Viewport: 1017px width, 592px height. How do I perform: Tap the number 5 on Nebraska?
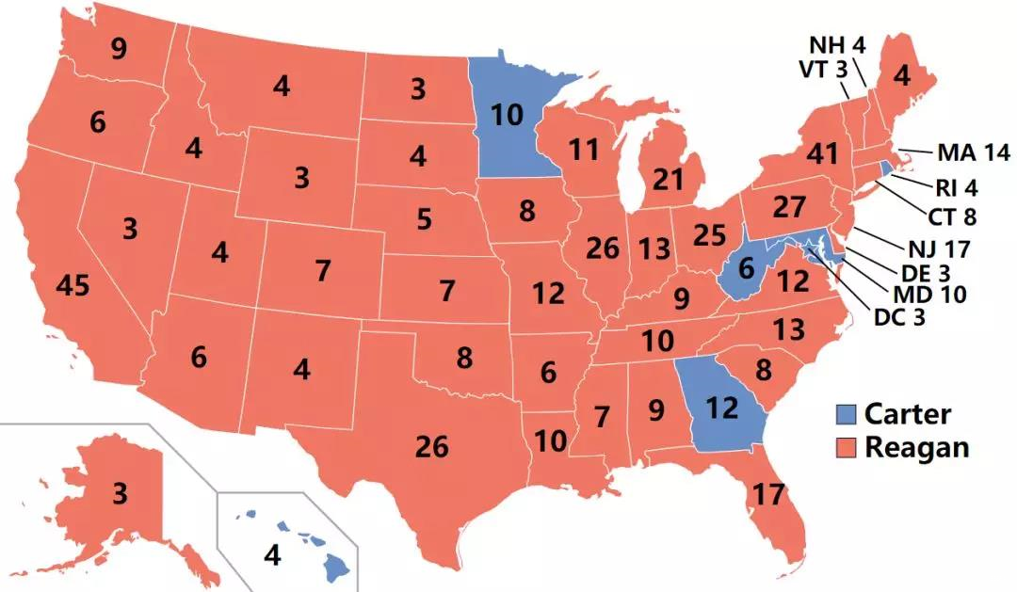tap(425, 219)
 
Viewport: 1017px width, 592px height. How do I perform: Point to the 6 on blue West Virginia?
tap(746, 268)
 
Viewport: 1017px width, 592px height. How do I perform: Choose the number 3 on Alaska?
tap(121, 493)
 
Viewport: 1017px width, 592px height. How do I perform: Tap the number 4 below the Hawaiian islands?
tap(271, 556)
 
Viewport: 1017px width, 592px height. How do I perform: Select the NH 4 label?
tap(838, 43)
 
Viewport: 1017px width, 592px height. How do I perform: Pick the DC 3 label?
tap(899, 317)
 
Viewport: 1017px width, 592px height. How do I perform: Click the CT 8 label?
tap(952, 216)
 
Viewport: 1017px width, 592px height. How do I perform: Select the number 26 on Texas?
tap(431, 446)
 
